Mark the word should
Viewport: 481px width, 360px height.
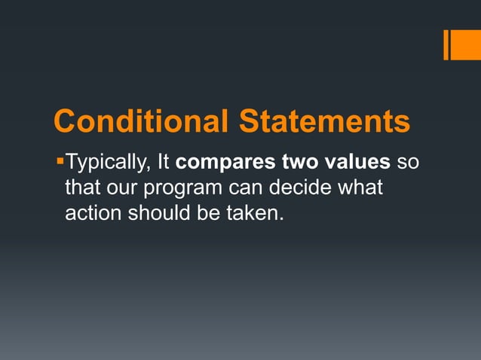(x=157, y=213)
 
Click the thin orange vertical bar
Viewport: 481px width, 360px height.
(x=446, y=44)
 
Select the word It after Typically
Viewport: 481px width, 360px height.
(x=164, y=162)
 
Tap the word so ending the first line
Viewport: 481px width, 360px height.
(x=407, y=163)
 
